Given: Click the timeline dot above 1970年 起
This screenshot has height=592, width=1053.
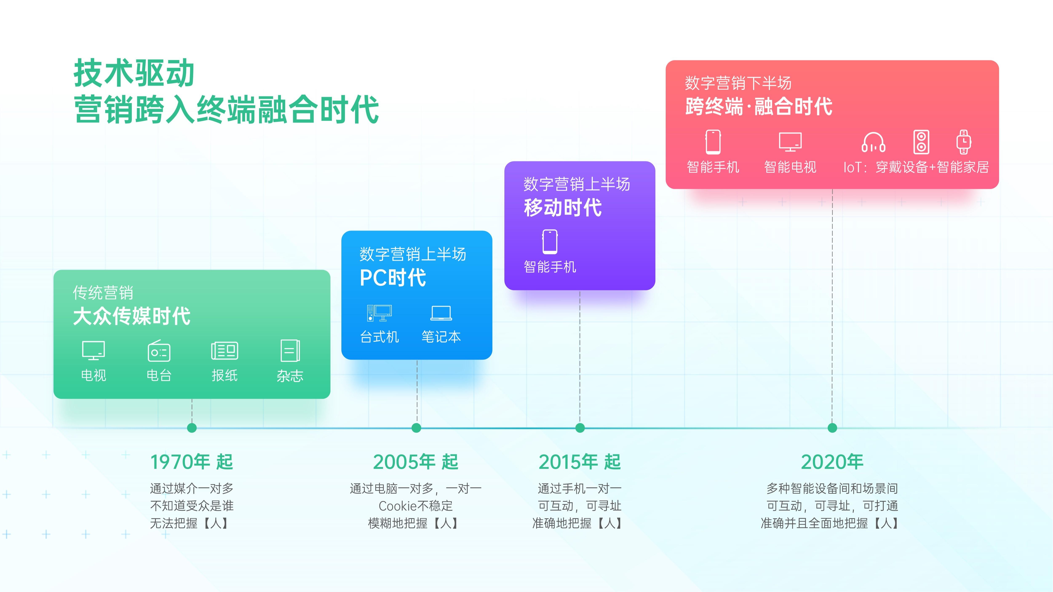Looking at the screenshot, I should click(x=192, y=428).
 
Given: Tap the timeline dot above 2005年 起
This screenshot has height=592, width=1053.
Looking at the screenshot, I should click(x=417, y=428).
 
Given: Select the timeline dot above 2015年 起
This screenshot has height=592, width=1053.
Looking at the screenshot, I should click(x=580, y=428).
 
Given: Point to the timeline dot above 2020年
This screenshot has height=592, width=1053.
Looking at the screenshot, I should click(x=832, y=428).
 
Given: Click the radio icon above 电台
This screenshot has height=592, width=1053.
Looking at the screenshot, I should click(x=159, y=351).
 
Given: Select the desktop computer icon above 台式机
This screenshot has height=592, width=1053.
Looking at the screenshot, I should click(x=379, y=313).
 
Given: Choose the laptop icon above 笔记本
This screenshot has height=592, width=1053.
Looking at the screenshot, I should click(x=441, y=313).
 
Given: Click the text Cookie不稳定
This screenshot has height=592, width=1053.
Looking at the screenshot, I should click(x=416, y=506).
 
